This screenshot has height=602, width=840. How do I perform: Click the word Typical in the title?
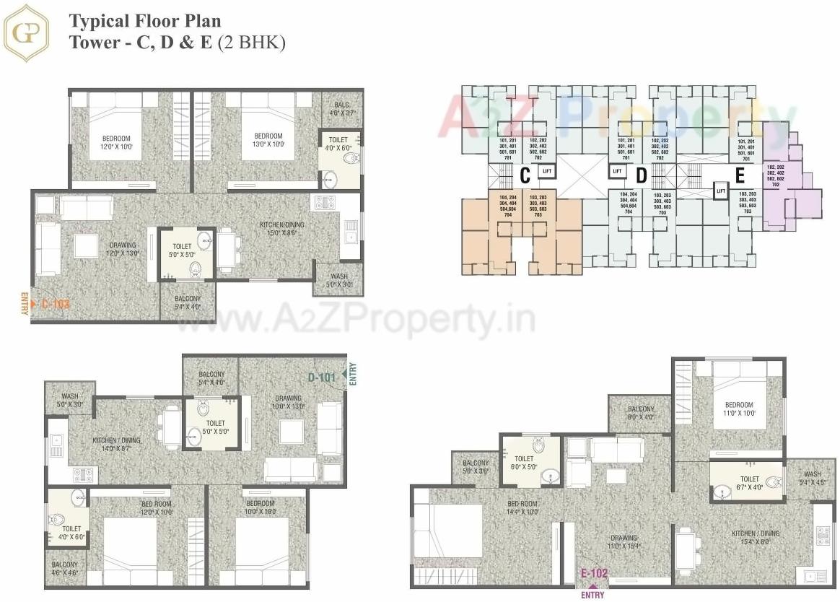tap(96, 22)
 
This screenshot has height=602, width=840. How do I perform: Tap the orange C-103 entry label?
tap(54, 304)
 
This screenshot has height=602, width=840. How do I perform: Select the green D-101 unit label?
tap(323, 377)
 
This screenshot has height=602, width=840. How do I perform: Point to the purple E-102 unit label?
tap(594, 575)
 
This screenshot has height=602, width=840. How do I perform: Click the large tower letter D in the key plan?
tap(640, 176)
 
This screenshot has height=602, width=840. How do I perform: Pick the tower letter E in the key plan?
tap(739, 176)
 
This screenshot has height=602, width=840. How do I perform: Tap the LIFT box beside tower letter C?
tap(547, 171)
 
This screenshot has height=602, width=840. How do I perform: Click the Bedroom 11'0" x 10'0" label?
tap(738, 409)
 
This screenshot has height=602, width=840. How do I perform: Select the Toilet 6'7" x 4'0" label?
tap(749, 483)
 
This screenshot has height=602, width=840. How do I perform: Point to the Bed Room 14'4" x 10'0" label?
tap(523, 507)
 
